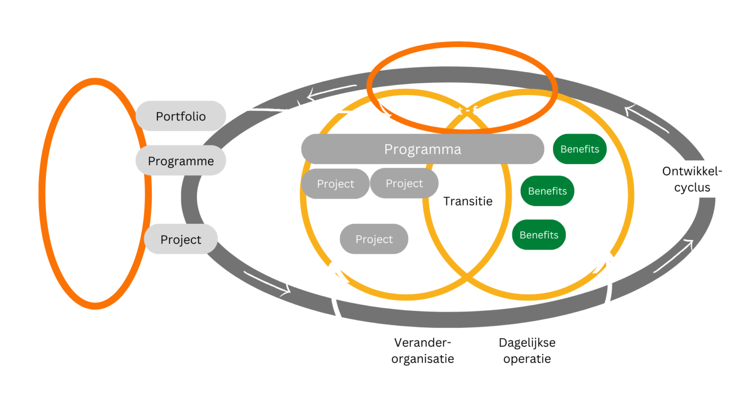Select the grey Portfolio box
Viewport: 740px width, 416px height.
click(x=181, y=116)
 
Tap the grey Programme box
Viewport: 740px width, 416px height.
click(x=181, y=161)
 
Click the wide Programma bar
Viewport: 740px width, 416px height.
click(x=422, y=149)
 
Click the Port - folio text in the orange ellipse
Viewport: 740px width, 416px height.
click(x=468, y=110)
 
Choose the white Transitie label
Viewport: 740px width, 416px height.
click(x=468, y=201)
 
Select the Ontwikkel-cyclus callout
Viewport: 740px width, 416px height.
click(x=692, y=179)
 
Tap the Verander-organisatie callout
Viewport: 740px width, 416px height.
click(x=423, y=350)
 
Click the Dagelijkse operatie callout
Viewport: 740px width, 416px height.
click(x=527, y=350)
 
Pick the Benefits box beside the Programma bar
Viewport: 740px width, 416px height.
click(x=579, y=149)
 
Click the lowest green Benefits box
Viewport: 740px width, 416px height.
click(x=539, y=235)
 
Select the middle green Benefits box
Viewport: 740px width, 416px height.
click(x=547, y=191)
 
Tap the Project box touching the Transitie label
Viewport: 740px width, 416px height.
click(x=404, y=183)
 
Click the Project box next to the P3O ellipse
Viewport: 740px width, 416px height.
click(x=181, y=239)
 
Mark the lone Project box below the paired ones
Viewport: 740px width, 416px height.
click(x=374, y=239)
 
